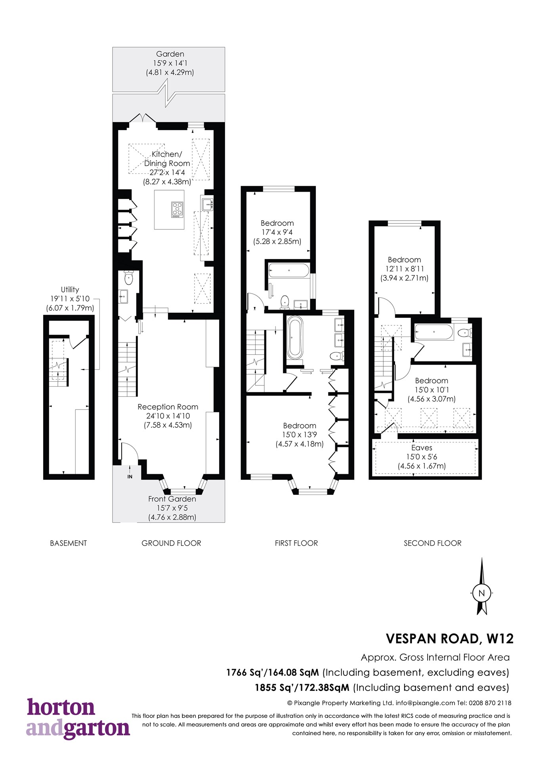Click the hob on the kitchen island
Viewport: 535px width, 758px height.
tap(177, 210)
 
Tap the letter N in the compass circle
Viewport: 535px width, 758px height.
tap(481, 593)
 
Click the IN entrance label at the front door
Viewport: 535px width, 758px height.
tap(130, 476)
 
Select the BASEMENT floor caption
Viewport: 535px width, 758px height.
tap(68, 543)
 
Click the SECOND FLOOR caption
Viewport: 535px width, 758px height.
tap(432, 543)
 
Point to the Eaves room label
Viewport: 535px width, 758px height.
tap(422, 448)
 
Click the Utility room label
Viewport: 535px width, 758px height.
tap(70, 289)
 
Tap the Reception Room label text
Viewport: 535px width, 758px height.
tap(168, 407)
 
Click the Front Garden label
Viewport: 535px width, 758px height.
tap(172, 499)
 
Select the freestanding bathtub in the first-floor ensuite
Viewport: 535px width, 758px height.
tap(295, 338)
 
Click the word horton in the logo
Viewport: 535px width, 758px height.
tap(61, 708)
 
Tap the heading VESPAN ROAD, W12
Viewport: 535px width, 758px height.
tap(449, 639)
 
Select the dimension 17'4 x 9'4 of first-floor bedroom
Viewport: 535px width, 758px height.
tap(277, 232)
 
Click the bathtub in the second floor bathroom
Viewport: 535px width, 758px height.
tap(434, 332)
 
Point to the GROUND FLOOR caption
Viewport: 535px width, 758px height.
tap(171, 543)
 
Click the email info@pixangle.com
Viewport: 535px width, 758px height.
tap(425, 703)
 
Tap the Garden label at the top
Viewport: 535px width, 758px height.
tap(170, 54)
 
